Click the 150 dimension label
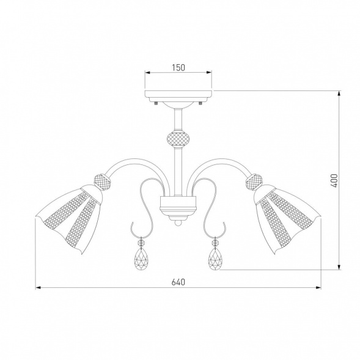click(x=178, y=67)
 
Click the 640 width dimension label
click(x=178, y=282)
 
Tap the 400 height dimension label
click(x=335, y=181)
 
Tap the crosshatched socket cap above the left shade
click(x=103, y=182)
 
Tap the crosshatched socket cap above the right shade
click(x=254, y=182)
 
